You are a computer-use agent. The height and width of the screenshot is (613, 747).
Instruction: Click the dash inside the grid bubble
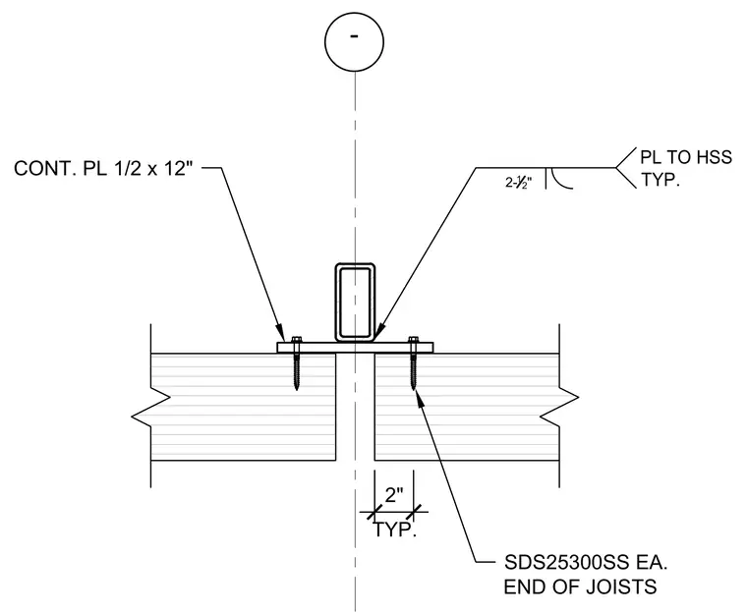[x=354, y=35]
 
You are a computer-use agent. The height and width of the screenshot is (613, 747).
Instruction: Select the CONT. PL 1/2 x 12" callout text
[x=103, y=168]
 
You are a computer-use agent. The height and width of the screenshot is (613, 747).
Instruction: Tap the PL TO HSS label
[x=685, y=157]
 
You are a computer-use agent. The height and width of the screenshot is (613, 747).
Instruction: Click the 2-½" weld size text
[x=518, y=182]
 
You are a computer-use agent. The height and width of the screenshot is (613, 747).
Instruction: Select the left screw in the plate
[x=296, y=362]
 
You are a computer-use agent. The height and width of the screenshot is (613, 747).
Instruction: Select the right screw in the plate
[x=413, y=362]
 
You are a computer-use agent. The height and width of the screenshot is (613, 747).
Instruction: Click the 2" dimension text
[x=393, y=495]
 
